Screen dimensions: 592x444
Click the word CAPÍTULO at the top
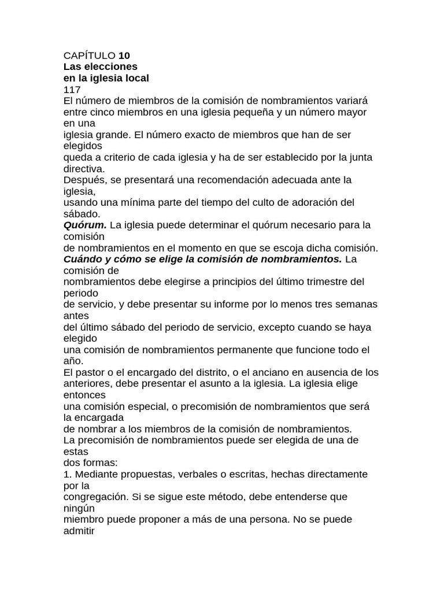[x=89, y=56]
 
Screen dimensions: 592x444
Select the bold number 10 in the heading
[x=124, y=56]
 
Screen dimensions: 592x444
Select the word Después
[x=84, y=180]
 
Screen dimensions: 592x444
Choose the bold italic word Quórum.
[x=85, y=225]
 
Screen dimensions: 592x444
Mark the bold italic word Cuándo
[x=83, y=259]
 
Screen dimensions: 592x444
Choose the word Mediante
[x=93, y=474]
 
